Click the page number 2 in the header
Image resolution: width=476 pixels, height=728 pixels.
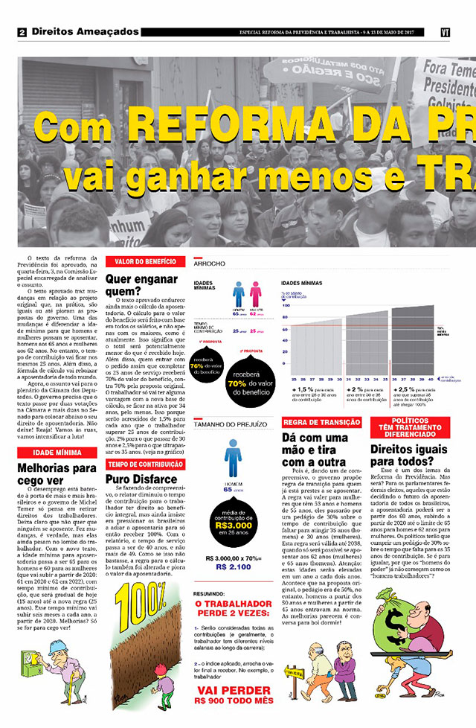coord(22,33)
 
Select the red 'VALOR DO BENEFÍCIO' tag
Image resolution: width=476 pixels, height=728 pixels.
coord(145,261)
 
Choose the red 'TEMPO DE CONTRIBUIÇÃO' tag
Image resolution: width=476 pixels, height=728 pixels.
coord(145,465)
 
